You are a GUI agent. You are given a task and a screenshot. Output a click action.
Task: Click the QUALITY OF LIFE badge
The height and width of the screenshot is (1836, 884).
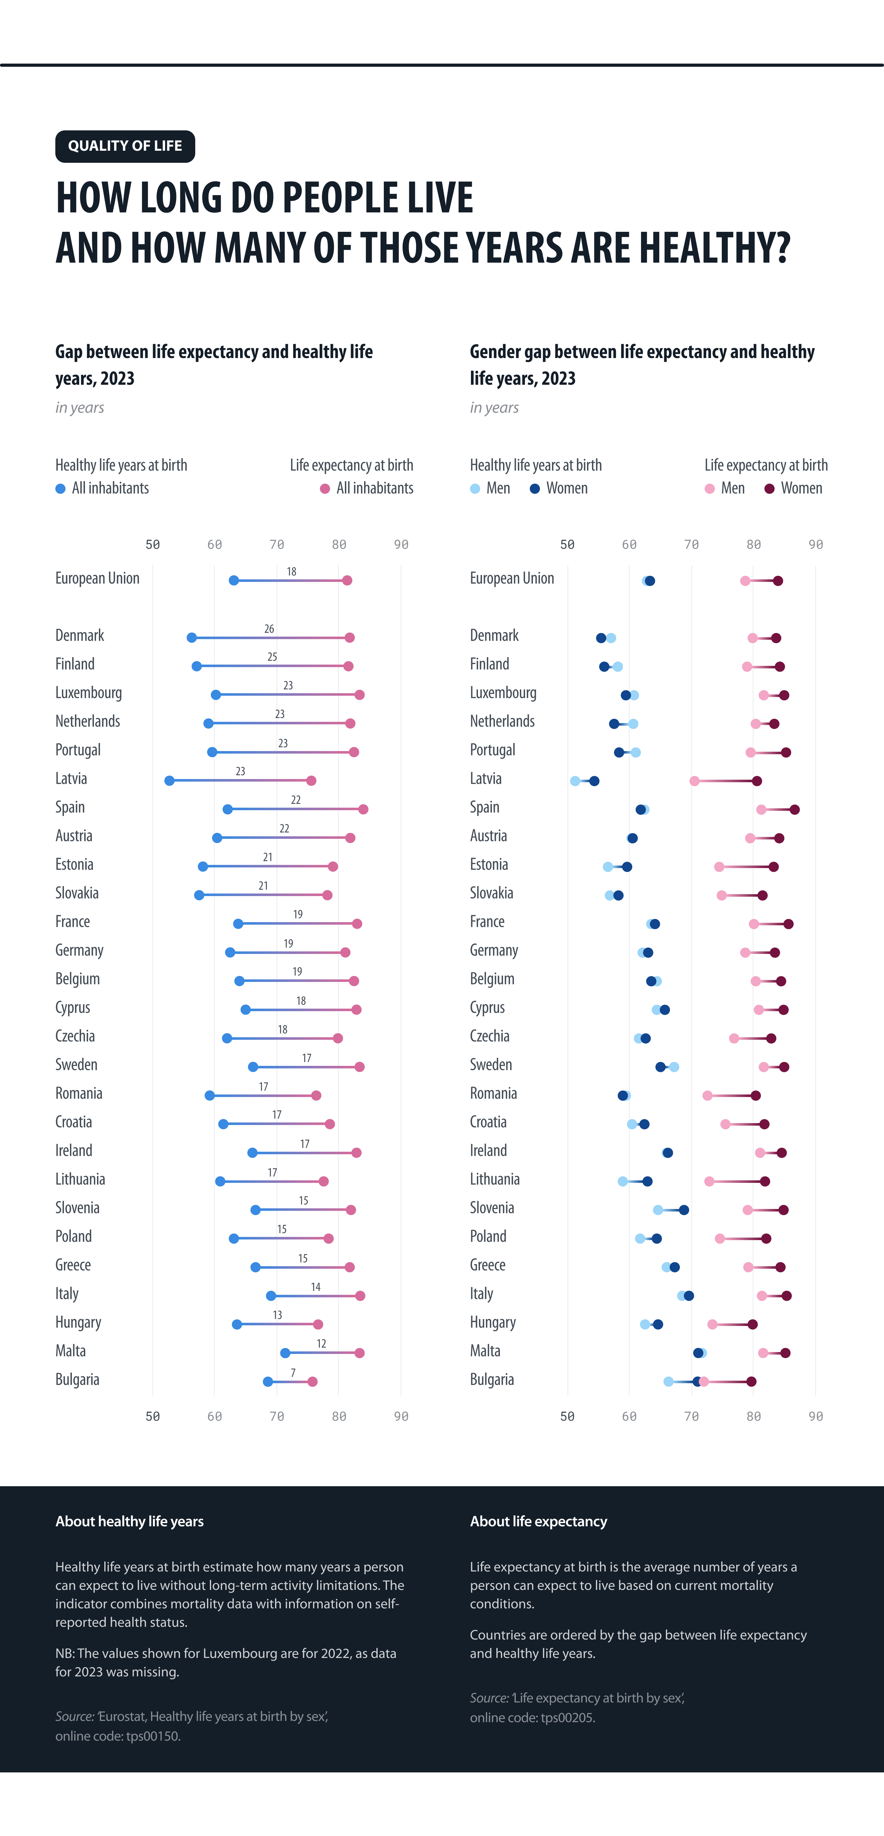tap(125, 146)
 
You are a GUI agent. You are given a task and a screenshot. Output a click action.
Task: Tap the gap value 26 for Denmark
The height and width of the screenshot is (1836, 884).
tap(269, 629)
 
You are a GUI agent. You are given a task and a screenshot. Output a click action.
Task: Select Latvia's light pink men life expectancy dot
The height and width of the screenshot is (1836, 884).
tap(694, 781)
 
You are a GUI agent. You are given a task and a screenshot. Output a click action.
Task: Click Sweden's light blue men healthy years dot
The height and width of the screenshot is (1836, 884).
tap(674, 1067)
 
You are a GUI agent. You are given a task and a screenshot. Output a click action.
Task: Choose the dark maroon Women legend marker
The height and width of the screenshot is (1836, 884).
tap(769, 489)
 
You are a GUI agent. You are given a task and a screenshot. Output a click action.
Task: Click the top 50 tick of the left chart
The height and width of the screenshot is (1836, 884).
tap(153, 544)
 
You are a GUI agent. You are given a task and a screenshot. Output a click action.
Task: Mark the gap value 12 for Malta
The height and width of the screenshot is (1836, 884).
tap(321, 1343)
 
